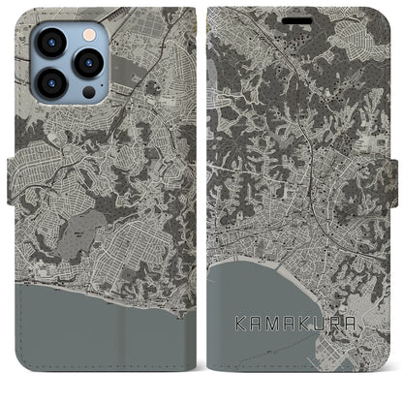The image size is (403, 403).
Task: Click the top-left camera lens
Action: point(50,43)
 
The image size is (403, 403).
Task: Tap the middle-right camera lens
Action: point(88,63)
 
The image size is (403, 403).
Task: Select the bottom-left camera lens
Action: point(50,84)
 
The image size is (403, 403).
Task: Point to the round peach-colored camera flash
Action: point(88,35)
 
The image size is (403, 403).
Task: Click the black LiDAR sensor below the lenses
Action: point(88,93)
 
